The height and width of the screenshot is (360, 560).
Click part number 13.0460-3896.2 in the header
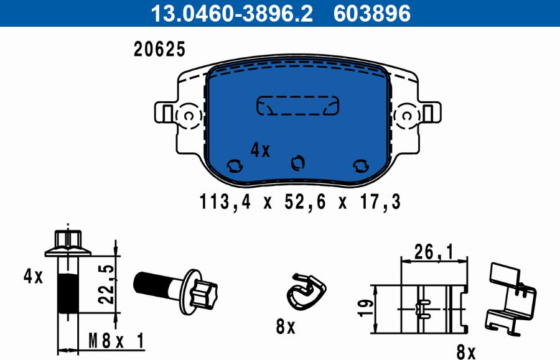click(231, 13)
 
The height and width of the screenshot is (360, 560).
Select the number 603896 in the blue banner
click(372, 13)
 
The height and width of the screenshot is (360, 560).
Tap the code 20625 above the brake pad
click(160, 49)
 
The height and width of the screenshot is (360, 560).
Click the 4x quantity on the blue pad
click(260, 150)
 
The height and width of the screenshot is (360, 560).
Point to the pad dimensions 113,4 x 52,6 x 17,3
click(300, 202)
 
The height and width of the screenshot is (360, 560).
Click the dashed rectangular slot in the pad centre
click(297, 106)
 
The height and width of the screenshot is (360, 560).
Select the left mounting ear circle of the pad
click(189, 116)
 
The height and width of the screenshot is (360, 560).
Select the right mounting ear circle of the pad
click(406, 116)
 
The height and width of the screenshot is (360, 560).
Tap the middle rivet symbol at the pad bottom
click(297, 163)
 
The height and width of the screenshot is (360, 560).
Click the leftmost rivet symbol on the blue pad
click(235, 165)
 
